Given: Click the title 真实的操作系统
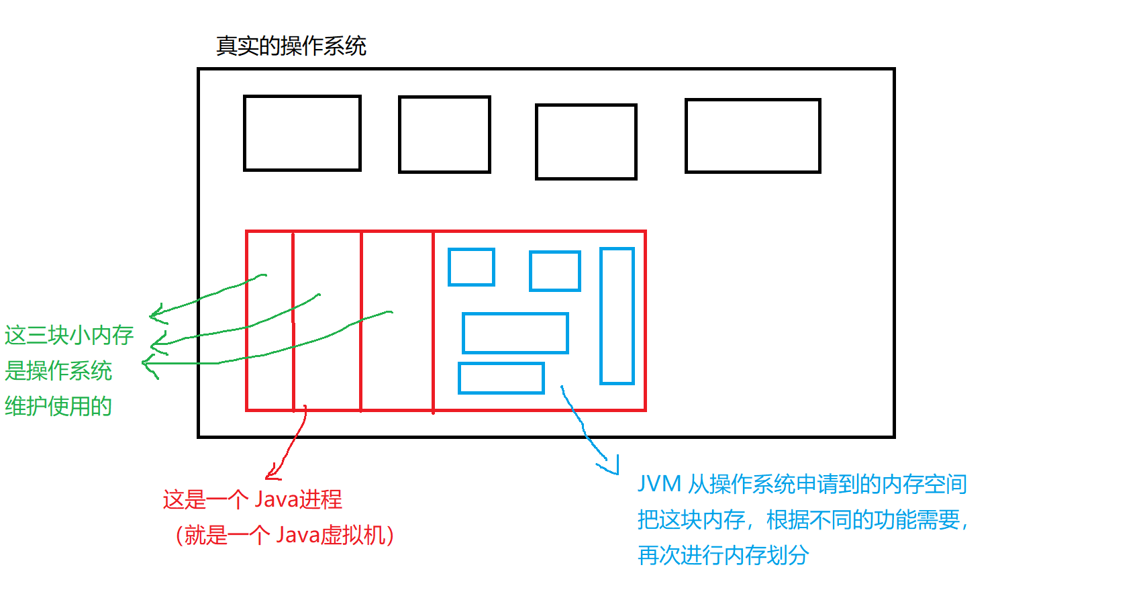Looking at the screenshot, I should tap(291, 46).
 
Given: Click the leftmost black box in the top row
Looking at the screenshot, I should tap(302, 133).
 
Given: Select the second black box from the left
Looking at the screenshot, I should tap(444, 134).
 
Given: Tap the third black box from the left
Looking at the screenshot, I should tap(586, 142).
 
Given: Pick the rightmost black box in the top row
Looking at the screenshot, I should tap(752, 136).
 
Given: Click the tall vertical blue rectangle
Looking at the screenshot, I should tap(617, 316).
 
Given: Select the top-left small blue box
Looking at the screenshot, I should tap(471, 267).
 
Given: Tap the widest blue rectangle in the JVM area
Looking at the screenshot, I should tap(515, 333).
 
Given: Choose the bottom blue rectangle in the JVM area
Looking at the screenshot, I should tap(501, 378).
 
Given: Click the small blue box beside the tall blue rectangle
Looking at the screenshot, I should tap(554, 271).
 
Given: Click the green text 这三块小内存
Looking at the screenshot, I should tap(69, 335).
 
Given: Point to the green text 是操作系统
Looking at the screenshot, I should tap(58, 370).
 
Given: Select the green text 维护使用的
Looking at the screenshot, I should tap(58, 406).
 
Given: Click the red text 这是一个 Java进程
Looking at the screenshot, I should tap(252, 499).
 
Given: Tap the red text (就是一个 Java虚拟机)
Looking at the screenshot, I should tap(285, 535).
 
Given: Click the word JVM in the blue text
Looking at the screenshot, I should tap(659, 484).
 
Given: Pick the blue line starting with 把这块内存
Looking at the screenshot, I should tap(803, 519).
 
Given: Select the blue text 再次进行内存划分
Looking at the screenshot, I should tap(723, 555).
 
